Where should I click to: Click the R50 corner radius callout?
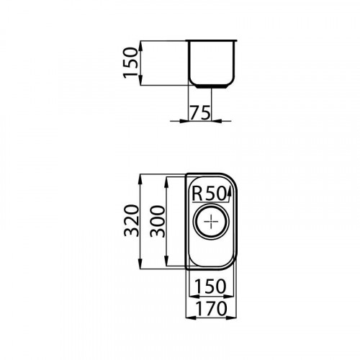210,193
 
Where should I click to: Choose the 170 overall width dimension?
210,309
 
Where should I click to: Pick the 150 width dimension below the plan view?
210,286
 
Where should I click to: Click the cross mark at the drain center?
210,221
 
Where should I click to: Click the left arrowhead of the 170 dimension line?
191,319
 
